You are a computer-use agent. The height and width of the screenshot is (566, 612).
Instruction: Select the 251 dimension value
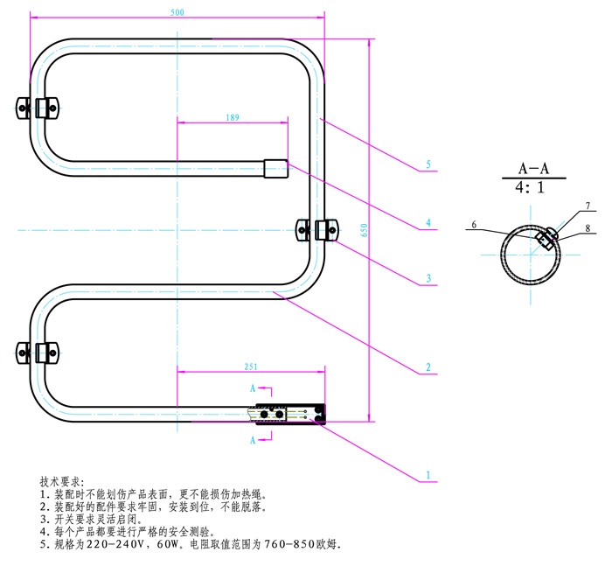[252, 366]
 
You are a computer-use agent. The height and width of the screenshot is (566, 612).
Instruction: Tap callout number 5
[428, 164]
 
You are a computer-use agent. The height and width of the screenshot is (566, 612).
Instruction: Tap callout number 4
[428, 223]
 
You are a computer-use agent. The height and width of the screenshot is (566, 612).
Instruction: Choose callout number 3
[428, 279]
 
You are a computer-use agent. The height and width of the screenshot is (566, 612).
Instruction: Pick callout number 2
[428, 367]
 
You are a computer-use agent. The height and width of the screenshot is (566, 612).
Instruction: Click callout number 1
[428, 476]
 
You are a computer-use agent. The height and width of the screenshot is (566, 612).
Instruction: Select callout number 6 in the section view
[474, 225]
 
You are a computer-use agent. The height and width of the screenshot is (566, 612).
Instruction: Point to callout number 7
[588, 206]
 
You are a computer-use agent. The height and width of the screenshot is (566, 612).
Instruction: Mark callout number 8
[588, 227]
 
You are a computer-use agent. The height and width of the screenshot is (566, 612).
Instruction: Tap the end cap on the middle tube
[276, 166]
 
